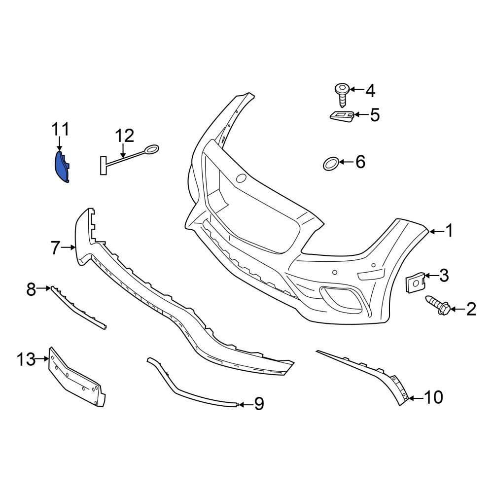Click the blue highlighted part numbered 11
point(61,168)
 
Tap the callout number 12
point(125,135)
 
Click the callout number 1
point(449,230)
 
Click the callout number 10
point(434,397)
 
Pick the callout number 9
point(259,405)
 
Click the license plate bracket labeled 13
point(76,377)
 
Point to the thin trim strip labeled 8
point(79,308)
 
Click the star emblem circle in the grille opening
point(242,178)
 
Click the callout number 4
point(370,91)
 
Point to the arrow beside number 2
point(456,310)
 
